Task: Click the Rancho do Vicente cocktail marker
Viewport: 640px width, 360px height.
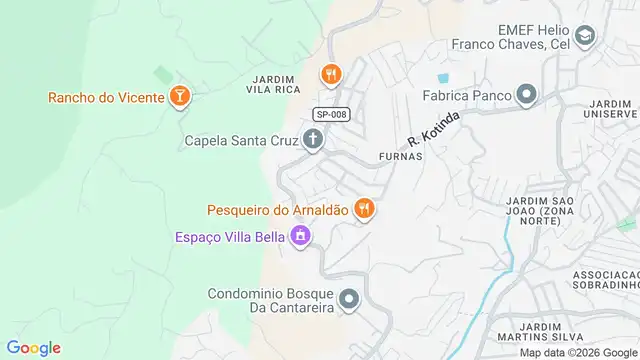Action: coord(180,97)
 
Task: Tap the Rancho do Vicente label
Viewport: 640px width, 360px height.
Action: coord(105,98)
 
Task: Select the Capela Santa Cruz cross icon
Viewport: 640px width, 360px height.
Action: coord(313,140)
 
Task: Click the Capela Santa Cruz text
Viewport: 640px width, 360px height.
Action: coord(241,141)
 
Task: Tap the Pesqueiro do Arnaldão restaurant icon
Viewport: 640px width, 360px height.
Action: coord(365,209)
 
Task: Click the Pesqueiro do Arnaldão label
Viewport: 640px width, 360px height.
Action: coord(277,210)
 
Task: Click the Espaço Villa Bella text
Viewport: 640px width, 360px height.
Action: coord(227,237)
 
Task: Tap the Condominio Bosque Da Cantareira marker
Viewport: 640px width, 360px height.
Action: coord(349,299)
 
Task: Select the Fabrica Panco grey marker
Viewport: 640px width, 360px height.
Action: coord(527,96)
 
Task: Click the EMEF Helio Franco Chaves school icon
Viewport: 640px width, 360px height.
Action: coord(585,38)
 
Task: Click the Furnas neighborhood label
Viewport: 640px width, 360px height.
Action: coord(401,157)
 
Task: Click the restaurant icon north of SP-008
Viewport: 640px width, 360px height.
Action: coord(331,74)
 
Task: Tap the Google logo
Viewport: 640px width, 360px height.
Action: coord(34,348)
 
